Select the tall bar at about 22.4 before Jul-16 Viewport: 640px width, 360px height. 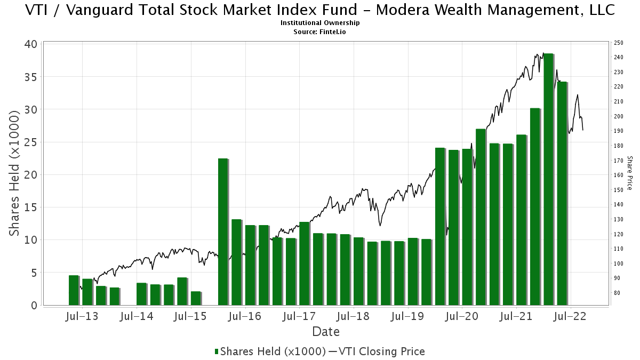point(223,231)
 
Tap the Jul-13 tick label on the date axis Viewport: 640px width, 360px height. point(82,316)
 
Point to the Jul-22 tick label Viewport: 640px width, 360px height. point(570,316)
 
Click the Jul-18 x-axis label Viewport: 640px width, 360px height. point(353,316)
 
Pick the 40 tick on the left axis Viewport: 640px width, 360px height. point(33,44)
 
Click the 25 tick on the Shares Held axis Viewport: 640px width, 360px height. point(33,142)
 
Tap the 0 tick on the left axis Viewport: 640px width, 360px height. point(36,306)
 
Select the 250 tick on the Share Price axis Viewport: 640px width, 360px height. point(619,43)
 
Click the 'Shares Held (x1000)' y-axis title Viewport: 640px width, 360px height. point(15,174)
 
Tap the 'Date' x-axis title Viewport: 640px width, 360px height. point(325,332)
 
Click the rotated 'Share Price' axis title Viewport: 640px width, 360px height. point(630,173)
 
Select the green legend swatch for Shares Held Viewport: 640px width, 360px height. point(217,351)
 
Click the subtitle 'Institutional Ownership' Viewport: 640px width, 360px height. point(320,23)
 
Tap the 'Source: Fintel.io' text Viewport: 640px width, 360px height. point(320,32)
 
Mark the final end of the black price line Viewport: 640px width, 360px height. point(583,130)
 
